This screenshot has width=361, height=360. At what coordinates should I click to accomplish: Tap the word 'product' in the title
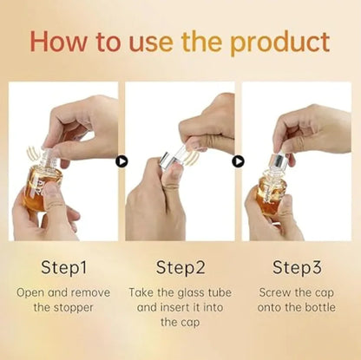[x=280, y=43]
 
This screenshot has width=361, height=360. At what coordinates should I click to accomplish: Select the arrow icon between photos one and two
[x=121, y=160]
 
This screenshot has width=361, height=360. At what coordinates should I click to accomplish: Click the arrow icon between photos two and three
[x=239, y=160]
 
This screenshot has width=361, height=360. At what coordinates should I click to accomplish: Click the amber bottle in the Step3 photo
[x=272, y=193]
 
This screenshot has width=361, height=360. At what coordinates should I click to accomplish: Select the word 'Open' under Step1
[x=32, y=292]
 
